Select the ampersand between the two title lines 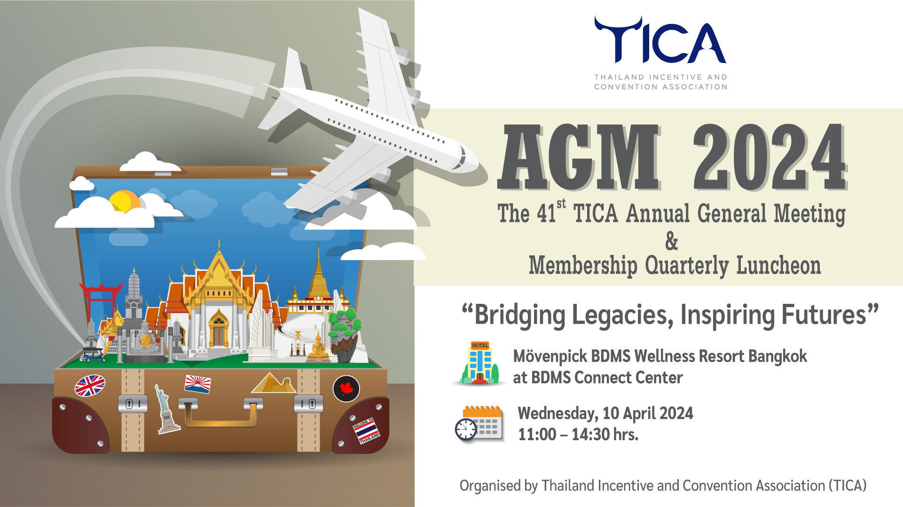[x=672, y=241]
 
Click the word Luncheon [x=778, y=265]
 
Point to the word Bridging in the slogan [x=520, y=315]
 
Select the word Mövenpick [x=550, y=356]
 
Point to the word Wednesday [x=558, y=413]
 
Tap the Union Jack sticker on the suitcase [x=90, y=386]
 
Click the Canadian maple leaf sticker [x=346, y=389]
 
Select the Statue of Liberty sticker [x=165, y=408]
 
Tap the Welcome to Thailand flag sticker [x=366, y=430]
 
